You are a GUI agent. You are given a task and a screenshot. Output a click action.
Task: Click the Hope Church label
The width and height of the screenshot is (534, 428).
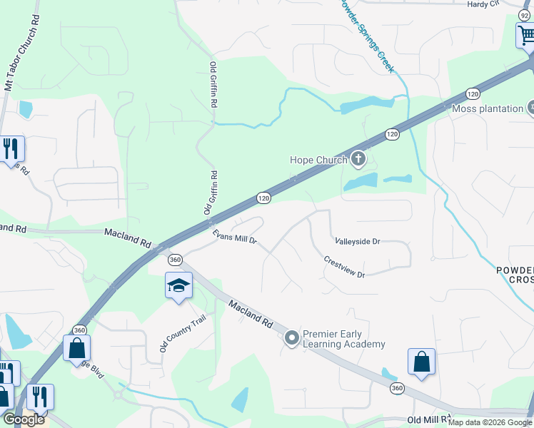coord(317,160)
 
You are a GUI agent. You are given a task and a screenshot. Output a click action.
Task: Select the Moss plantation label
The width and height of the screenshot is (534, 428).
coord(488,108)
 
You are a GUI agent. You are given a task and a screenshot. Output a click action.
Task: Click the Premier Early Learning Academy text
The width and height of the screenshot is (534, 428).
coord(343,339)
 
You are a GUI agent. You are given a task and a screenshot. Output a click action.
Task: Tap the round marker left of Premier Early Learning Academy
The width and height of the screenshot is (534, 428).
coord(291,338)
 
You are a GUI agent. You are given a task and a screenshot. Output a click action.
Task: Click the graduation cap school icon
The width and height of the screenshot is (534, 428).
coord(178,286)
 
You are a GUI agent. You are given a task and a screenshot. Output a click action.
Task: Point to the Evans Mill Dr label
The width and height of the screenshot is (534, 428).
coord(234,236)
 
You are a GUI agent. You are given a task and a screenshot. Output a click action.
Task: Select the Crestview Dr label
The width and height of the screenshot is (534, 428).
coord(344,267)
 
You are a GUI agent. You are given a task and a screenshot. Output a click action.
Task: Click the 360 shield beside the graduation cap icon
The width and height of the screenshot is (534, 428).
coord(176,259)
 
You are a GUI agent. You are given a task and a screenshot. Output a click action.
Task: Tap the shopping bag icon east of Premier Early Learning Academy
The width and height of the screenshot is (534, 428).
coord(421,361)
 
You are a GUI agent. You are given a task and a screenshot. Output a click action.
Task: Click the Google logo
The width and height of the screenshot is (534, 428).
coord(23,419)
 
